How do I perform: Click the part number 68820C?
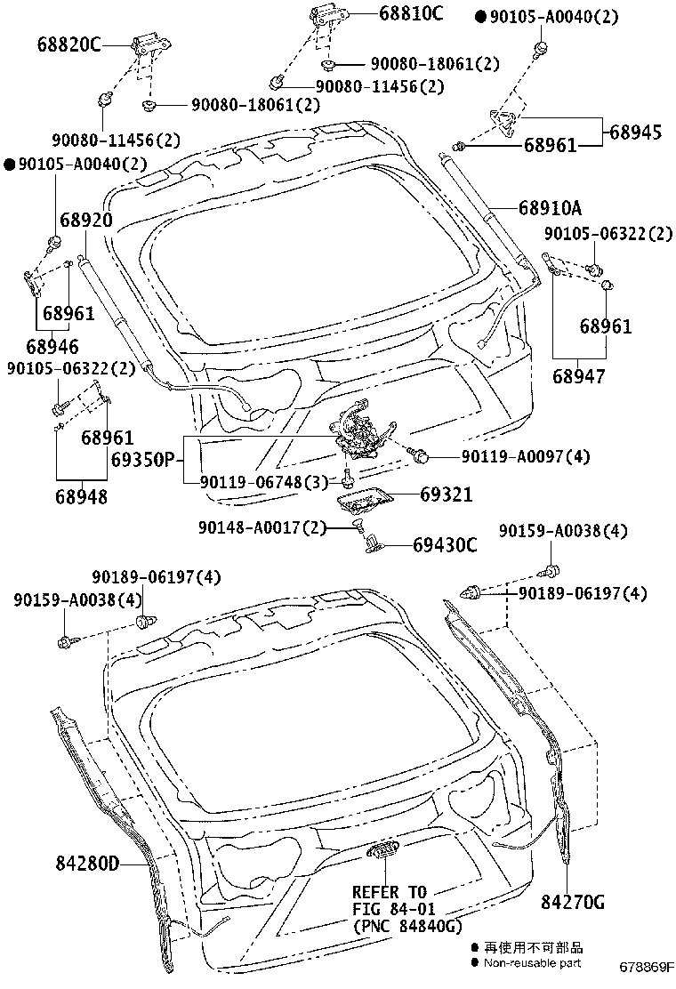(x=69, y=44)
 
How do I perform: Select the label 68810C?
(x=410, y=13)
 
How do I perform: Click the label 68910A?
(x=550, y=208)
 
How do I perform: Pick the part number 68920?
(x=86, y=221)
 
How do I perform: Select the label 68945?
(x=635, y=132)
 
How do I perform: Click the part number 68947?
(x=577, y=376)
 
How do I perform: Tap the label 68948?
(x=81, y=496)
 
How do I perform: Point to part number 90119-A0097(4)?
(x=525, y=456)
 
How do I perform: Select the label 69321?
(x=447, y=495)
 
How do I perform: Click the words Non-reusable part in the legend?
(x=532, y=962)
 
